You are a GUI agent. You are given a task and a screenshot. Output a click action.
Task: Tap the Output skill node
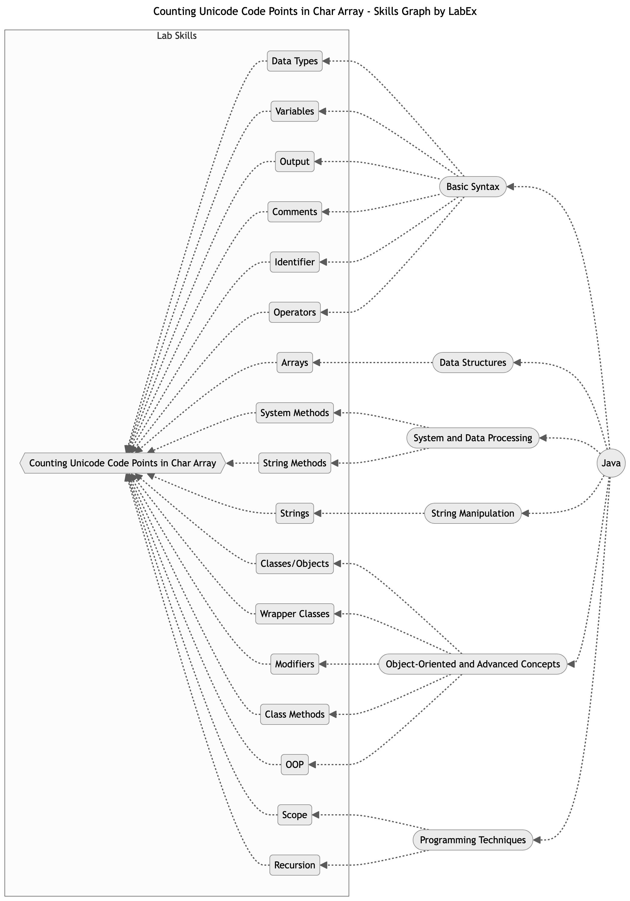tap(294, 161)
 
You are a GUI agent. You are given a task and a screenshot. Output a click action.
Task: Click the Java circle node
tap(611, 463)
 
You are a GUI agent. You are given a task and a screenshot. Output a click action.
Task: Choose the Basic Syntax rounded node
tap(473, 186)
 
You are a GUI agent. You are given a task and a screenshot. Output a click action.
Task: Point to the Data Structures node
tap(473, 362)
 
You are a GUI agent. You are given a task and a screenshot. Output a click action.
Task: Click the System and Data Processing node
tap(473, 438)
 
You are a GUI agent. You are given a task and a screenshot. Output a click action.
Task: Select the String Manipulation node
tap(473, 513)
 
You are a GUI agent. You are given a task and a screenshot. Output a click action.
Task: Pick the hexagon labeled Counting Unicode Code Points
tap(122, 463)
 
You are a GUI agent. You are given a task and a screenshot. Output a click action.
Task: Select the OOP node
tap(294, 764)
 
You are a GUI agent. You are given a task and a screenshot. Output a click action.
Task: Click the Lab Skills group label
tap(176, 36)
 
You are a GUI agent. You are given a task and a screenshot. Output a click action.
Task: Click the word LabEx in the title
tap(464, 11)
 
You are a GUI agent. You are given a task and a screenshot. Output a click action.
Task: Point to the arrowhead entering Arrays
tap(317, 362)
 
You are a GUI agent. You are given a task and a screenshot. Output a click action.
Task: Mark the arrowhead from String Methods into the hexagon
tap(230, 463)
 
